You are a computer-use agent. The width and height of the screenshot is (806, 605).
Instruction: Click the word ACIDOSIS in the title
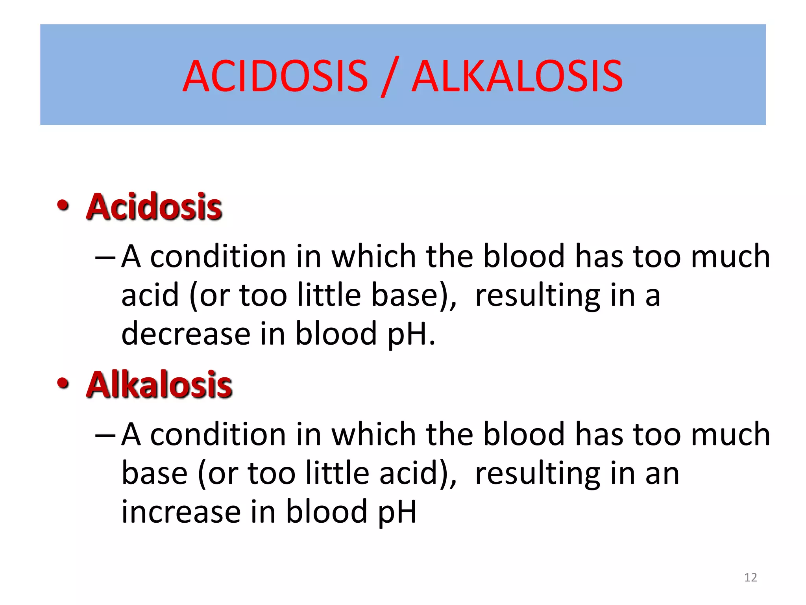[275, 76]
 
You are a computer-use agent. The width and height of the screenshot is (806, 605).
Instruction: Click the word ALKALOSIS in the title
[517, 76]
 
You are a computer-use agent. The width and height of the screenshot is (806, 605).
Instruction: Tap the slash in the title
[390, 76]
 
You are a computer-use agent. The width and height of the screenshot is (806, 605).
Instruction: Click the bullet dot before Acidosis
[63, 205]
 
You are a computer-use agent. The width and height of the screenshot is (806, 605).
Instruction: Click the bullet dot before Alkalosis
[63, 383]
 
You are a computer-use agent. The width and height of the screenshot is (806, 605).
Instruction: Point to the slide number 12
[751, 577]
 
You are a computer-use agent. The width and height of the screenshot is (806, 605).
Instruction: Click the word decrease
[186, 334]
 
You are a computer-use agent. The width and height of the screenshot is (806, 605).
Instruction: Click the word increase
[181, 512]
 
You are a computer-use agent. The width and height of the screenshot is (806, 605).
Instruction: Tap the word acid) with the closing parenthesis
[418, 473]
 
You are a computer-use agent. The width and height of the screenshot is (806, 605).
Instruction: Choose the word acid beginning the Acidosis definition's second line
[150, 295]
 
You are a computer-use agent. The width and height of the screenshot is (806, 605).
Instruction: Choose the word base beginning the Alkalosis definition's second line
[154, 473]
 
